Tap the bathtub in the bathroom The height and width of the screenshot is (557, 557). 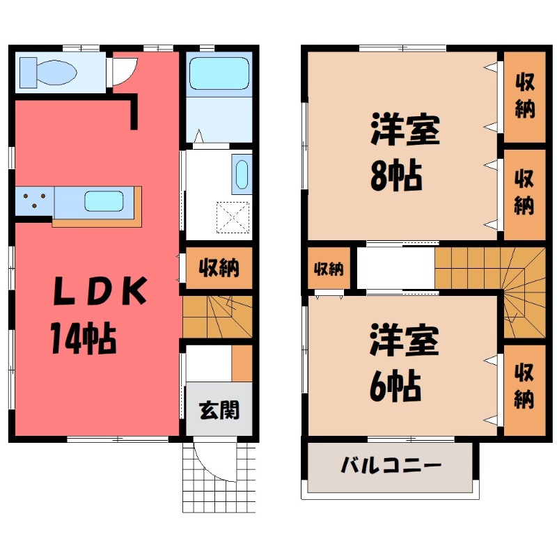(x=219, y=72)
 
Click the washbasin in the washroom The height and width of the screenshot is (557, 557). (x=242, y=175)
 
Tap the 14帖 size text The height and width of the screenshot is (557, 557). (x=82, y=339)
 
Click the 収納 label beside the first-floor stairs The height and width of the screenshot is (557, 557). (x=219, y=267)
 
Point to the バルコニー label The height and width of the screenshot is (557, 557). (x=390, y=465)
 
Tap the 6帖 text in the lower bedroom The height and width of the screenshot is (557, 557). (x=394, y=382)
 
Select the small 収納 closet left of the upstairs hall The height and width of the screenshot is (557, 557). (x=328, y=268)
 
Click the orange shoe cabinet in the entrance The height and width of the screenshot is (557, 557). (x=242, y=363)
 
